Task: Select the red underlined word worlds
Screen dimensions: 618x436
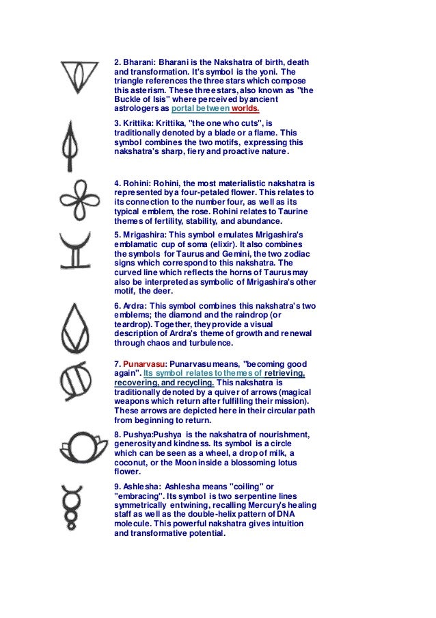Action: pos(246,108)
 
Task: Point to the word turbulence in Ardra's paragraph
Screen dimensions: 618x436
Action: pos(210,344)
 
